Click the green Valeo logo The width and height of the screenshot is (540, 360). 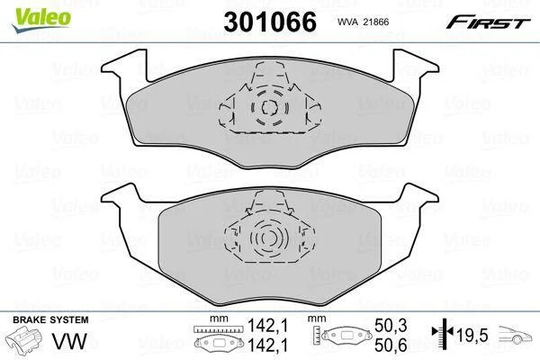pos(41,20)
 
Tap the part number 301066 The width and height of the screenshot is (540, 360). pos(270,22)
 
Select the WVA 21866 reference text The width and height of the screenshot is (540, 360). pos(363,22)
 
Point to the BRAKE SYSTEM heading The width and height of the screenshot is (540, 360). pos(50,319)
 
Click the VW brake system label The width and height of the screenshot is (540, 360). pos(69,341)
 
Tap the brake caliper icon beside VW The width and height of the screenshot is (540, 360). pos(25,340)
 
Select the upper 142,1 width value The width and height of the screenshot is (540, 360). pos(268,325)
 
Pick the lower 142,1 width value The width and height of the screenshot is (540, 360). pos(268,345)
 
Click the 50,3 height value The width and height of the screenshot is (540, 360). pos(391,325)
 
